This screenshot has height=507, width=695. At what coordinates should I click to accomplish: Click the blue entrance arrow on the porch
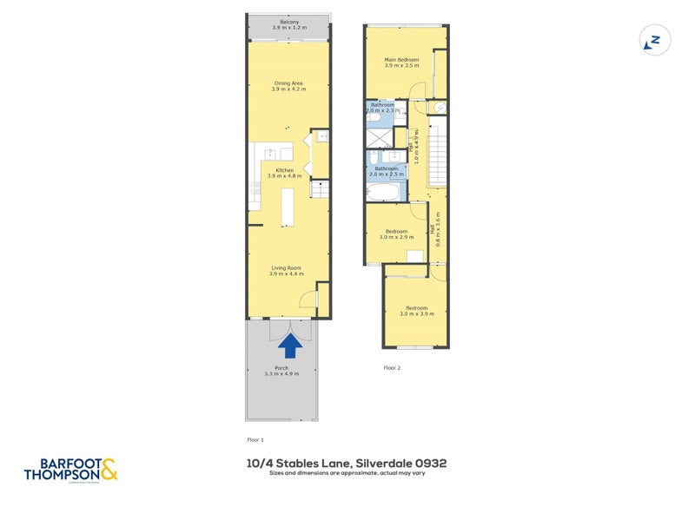click(x=290, y=346)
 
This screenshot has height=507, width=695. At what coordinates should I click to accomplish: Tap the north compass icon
click(x=653, y=40)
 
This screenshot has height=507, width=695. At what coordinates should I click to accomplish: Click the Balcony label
click(x=289, y=25)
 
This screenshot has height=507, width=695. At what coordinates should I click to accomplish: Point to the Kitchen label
click(x=285, y=173)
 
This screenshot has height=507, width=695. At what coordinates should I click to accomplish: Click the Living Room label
click(x=286, y=271)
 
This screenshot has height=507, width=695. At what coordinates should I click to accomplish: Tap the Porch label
click(x=281, y=372)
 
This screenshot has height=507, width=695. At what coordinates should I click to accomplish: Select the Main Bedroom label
click(x=401, y=62)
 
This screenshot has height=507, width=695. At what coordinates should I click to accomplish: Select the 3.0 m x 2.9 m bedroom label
click(x=397, y=234)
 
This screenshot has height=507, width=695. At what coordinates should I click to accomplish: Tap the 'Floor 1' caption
click(x=255, y=440)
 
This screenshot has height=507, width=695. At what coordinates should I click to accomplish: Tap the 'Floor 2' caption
click(x=392, y=368)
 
